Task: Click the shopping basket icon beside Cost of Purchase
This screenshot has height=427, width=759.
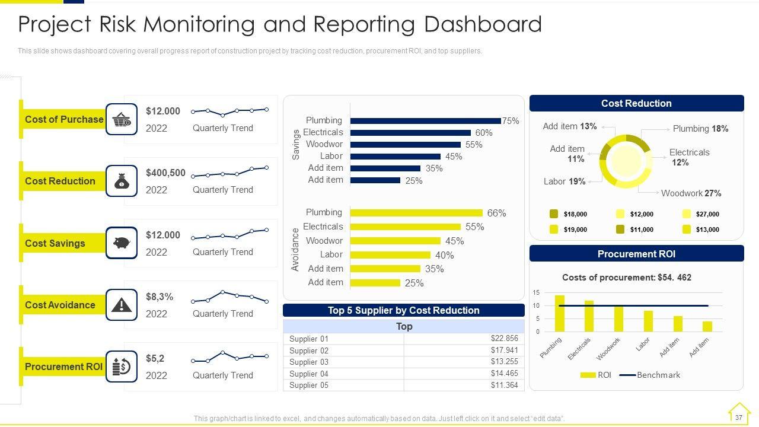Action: (x=122, y=119)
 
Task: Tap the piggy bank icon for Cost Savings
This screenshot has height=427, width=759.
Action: (x=122, y=243)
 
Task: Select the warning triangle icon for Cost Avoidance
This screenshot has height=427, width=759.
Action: (x=122, y=305)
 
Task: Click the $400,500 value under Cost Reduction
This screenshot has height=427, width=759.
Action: (x=165, y=173)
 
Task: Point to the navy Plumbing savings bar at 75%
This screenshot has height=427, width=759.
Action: (x=425, y=121)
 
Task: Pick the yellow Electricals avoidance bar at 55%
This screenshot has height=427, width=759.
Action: (x=405, y=227)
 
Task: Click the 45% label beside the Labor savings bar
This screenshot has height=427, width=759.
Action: (x=454, y=157)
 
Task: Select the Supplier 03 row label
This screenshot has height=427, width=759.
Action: (x=308, y=362)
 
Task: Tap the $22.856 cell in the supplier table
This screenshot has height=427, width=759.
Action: (x=504, y=339)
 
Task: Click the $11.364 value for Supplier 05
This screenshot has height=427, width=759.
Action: (x=504, y=385)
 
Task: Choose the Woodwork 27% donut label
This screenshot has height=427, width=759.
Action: (x=691, y=193)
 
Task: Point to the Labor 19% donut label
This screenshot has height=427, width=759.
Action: (x=565, y=181)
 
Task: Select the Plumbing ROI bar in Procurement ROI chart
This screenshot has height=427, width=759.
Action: (x=559, y=313)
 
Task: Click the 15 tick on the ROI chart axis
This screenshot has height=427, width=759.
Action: (x=536, y=293)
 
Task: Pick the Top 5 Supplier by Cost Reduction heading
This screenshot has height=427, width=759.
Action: (x=403, y=310)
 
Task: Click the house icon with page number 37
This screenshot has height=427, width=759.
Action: (x=739, y=413)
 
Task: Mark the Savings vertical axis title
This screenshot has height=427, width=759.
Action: (x=296, y=145)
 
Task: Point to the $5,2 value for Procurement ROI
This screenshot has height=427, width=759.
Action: (x=155, y=359)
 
